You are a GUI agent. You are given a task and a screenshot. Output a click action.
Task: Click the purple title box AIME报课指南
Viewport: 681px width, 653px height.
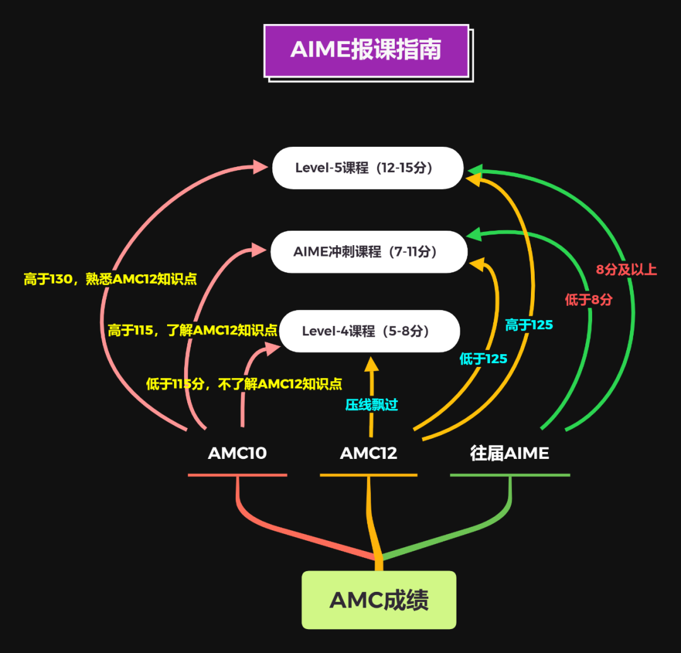(366, 50)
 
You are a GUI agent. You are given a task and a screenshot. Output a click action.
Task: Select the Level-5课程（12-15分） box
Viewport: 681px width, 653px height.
(368, 168)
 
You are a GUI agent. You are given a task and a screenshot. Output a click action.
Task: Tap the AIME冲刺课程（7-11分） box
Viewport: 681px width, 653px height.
(369, 251)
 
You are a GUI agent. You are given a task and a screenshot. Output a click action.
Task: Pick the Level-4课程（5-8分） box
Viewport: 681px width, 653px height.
(370, 331)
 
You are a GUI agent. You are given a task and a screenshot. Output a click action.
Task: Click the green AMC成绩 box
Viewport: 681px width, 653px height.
(378, 600)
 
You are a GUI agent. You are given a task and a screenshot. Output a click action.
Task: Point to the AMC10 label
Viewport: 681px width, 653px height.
(237, 453)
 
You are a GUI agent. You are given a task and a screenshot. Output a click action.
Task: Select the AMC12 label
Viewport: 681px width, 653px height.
(368, 453)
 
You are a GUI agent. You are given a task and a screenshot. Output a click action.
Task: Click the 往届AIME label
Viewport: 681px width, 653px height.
(509, 453)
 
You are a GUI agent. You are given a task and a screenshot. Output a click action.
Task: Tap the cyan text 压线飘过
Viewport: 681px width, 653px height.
(371, 405)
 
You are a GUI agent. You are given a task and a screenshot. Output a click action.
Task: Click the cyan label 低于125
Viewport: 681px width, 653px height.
(483, 359)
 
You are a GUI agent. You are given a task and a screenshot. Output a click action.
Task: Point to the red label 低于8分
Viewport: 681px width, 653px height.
(588, 300)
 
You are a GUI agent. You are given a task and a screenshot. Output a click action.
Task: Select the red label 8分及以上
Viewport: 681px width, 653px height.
(626, 270)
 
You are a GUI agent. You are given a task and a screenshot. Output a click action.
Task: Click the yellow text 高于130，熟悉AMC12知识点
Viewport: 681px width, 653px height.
(110, 279)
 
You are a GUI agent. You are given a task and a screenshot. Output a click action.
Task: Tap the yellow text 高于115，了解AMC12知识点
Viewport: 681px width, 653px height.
(192, 330)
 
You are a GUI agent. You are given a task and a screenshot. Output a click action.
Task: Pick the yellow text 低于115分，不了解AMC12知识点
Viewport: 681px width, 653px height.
(244, 384)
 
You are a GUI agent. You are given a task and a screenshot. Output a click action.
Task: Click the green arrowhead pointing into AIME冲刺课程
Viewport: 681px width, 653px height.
(474, 236)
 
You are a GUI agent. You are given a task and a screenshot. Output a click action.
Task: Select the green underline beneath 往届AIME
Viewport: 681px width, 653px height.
(509, 475)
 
